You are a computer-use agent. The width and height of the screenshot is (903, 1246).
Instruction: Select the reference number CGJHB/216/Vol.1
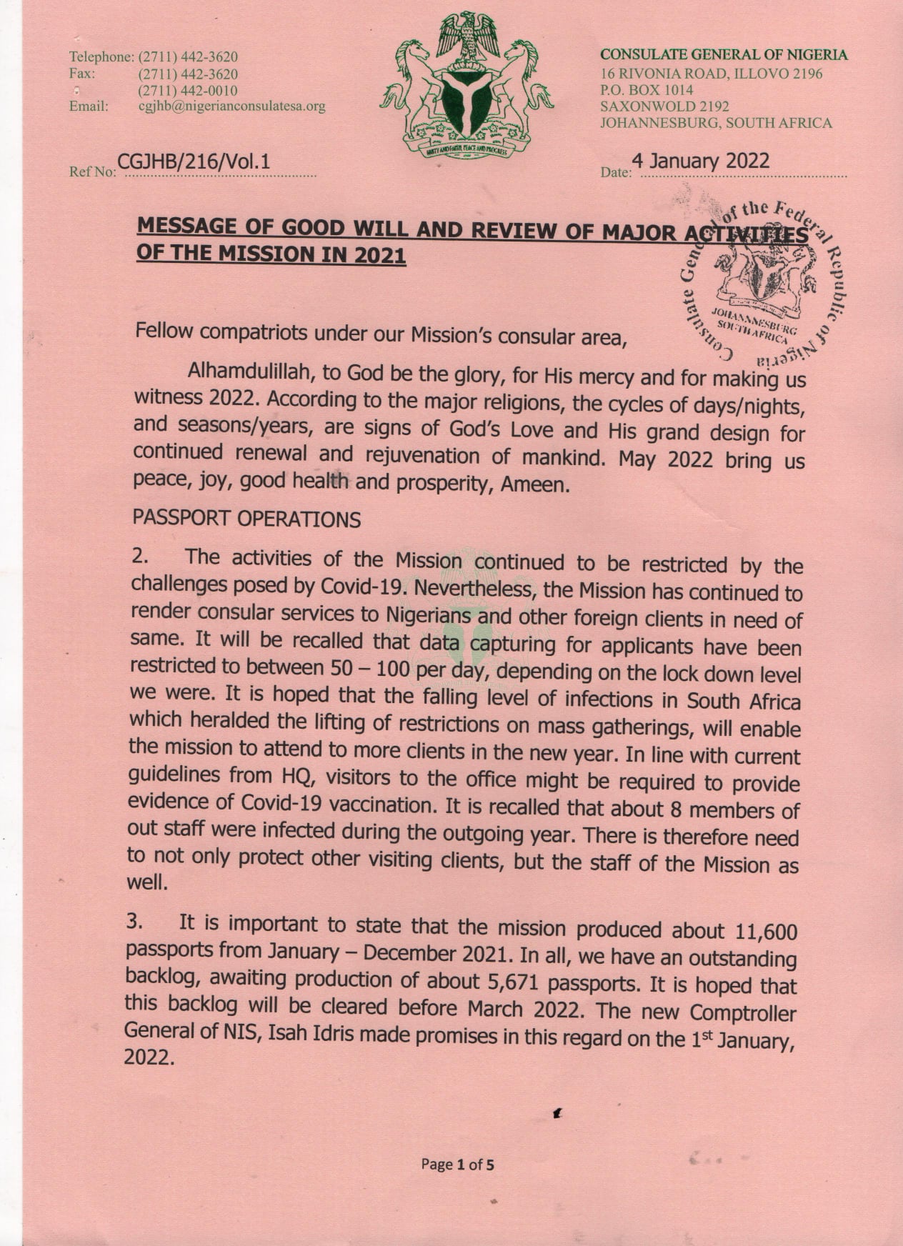(194, 162)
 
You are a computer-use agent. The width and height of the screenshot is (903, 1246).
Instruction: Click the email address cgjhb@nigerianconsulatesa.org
(231, 106)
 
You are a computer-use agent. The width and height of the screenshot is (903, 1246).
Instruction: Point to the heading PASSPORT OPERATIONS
(247, 519)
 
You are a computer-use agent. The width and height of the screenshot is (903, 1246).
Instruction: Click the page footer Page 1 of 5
(457, 1165)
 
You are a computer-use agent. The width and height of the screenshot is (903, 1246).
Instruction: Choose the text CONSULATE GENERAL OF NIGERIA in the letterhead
(723, 55)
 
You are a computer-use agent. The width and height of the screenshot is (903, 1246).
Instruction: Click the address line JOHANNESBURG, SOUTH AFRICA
(716, 123)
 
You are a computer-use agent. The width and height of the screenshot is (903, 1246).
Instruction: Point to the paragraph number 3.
(134, 922)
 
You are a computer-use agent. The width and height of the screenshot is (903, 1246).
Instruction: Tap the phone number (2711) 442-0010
(188, 91)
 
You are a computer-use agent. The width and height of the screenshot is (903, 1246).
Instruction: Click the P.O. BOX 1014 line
(647, 90)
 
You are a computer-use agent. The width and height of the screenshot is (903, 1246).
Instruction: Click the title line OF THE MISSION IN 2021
(271, 254)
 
